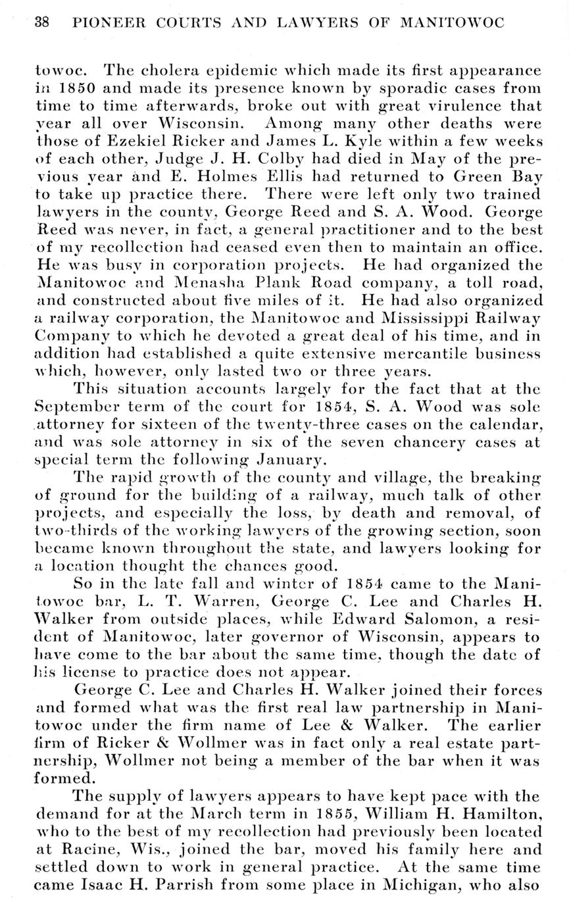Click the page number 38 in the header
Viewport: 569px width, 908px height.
42,23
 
